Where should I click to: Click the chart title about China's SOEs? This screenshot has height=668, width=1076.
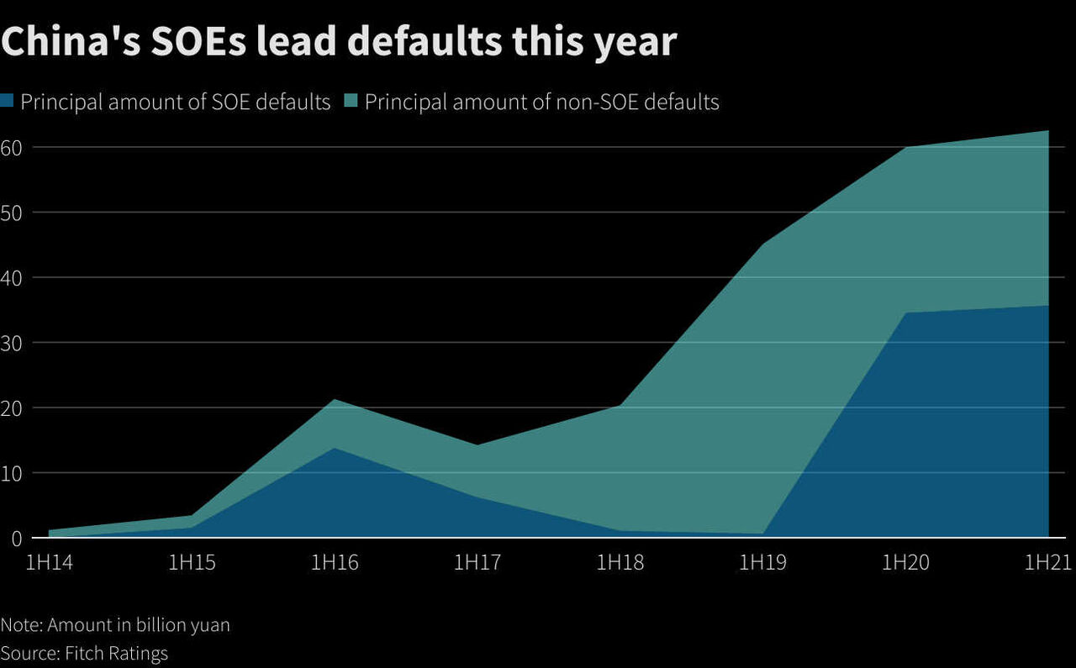tap(339, 42)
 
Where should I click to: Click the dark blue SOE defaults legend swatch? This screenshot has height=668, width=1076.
tap(8, 103)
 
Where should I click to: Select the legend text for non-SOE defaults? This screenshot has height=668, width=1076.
tap(541, 103)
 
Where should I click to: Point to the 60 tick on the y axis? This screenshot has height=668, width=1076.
tap(11, 147)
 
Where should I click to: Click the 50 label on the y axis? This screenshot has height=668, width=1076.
tap(11, 213)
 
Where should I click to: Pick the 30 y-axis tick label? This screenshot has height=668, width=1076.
tap(11, 343)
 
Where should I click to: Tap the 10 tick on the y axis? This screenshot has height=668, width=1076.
tap(11, 473)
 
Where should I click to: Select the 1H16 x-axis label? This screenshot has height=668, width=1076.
tap(335, 562)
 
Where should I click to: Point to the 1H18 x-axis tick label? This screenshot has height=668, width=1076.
tap(620, 562)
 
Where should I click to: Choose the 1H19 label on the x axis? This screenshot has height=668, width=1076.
tap(762, 562)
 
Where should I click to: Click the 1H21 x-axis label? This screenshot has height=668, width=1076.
tap(1047, 562)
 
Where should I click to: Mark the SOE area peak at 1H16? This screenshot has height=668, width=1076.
tap(335, 448)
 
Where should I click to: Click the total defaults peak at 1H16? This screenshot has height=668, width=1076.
tap(335, 400)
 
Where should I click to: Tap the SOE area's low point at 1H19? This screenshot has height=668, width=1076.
tap(762, 533)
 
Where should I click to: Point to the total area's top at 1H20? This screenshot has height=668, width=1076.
tap(906, 148)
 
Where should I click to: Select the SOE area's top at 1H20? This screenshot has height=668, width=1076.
tap(906, 313)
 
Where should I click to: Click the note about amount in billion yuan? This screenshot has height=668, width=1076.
tap(115, 625)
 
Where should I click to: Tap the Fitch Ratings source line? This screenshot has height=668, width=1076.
tap(84, 653)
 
